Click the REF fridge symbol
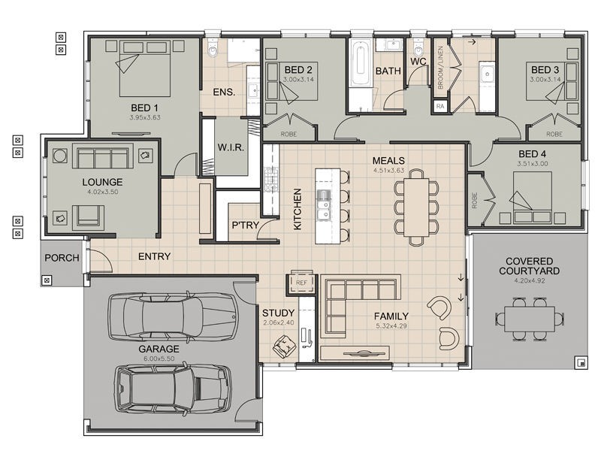pyautogui.click(x=301, y=283)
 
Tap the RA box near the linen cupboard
pyautogui.click(x=440, y=106)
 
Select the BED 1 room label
pyautogui.click(x=144, y=108)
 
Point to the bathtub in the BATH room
pyautogui.click(x=361, y=65)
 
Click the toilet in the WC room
pyautogui.click(x=418, y=48)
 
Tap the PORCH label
pyautogui.click(x=62, y=258)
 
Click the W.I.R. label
pyautogui.click(x=231, y=147)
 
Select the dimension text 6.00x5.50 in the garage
pyautogui.click(x=159, y=359)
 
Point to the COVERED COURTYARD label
pyautogui.click(x=529, y=266)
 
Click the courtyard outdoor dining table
pyautogui.click(x=530, y=319)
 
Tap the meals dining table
pyautogui.click(x=416, y=207)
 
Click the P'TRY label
pyautogui.click(x=246, y=225)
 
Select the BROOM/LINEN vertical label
pyautogui.click(x=440, y=68)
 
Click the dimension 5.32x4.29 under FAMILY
pyautogui.click(x=391, y=326)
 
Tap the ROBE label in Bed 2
pyautogui.click(x=288, y=135)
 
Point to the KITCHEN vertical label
pyautogui.click(x=297, y=210)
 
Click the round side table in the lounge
pyautogui.click(x=59, y=156)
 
